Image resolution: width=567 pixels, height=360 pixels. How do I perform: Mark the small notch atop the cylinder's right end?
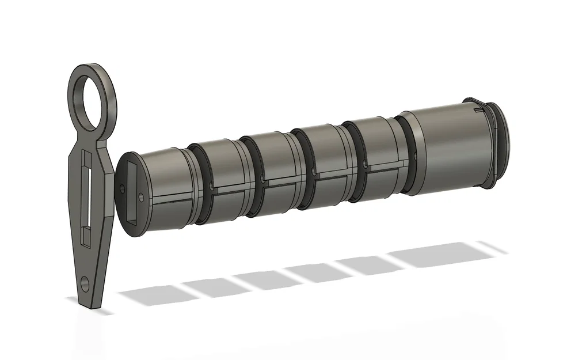[x=477, y=106]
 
